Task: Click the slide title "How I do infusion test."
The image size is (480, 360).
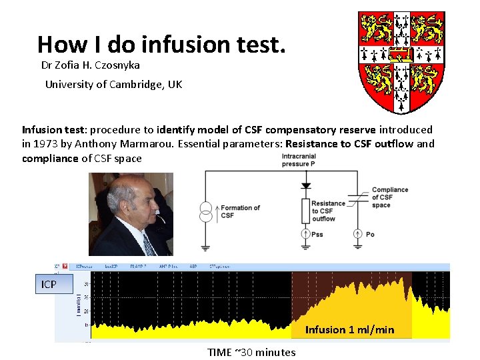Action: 161,44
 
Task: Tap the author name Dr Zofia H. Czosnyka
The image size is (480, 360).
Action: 91,65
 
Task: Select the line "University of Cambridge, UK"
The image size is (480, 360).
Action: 113,85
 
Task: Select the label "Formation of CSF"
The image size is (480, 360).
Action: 240,211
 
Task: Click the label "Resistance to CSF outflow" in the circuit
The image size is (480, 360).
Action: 328,211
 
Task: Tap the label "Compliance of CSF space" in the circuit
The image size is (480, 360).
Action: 390,197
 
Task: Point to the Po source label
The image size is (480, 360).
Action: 370,234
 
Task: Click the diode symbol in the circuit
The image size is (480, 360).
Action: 306,185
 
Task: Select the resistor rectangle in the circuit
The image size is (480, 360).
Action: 306,211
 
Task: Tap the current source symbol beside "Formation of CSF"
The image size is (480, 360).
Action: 206,211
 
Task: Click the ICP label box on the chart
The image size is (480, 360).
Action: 49,285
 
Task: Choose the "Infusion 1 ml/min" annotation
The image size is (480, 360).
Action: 349,329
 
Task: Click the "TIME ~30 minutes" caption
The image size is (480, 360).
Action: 251,352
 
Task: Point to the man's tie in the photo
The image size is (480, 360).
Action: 148,244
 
